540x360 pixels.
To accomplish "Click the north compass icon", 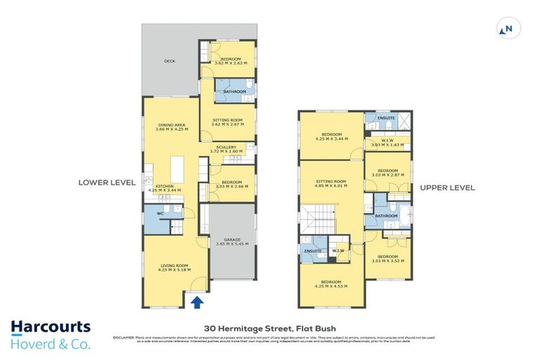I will tap(505, 29).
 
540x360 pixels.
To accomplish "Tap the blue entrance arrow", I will tap(198, 302).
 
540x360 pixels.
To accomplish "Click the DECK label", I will tap(169, 61).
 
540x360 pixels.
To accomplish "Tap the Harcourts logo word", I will tap(51, 327).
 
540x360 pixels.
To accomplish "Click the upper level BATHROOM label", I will tap(387, 216).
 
